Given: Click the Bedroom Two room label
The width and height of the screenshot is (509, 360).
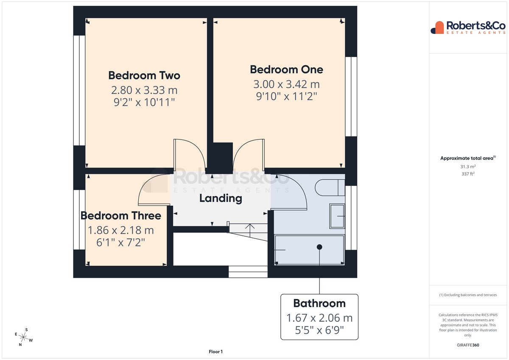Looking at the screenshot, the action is (x=144, y=75).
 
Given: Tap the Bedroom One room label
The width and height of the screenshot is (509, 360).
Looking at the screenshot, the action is (x=287, y=70).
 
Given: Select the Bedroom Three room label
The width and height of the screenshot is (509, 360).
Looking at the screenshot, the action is (x=121, y=215).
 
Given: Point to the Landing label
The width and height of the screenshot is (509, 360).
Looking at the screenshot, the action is (x=221, y=198).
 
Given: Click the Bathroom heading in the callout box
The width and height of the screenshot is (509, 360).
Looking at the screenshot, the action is (x=319, y=303).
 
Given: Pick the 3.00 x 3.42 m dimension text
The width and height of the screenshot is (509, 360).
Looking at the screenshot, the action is (x=287, y=84).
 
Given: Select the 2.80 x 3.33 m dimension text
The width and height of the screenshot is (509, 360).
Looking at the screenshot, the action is (x=144, y=90).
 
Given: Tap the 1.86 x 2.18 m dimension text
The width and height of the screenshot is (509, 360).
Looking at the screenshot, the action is (x=121, y=230).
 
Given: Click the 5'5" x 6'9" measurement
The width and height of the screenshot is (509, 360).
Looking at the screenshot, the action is (x=319, y=330).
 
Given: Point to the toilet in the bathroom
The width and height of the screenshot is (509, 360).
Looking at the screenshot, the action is (x=330, y=187).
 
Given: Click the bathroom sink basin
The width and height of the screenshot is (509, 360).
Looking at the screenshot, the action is (x=337, y=216).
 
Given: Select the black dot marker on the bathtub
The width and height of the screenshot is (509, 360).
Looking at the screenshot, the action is (x=319, y=247).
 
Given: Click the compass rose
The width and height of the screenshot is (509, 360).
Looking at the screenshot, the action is (x=24, y=337).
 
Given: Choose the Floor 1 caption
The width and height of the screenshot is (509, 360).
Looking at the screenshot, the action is (x=215, y=352).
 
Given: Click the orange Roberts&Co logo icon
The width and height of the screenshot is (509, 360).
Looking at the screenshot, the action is (x=437, y=28).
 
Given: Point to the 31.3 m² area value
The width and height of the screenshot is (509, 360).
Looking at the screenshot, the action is (x=468, y=167).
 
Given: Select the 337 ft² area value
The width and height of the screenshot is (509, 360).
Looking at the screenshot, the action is (x=468, y=174).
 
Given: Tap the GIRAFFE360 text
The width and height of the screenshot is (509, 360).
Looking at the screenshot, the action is (x=468, y=345).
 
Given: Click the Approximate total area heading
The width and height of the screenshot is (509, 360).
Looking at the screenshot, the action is (x=468, y=158).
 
